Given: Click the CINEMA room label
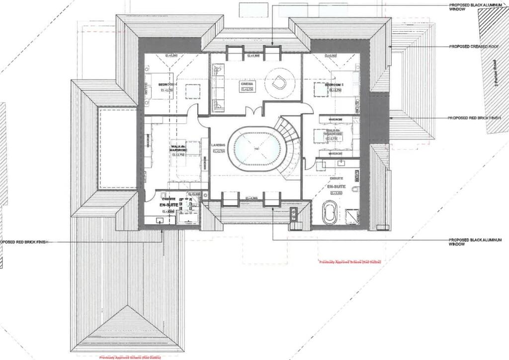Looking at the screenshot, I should pos(247,85).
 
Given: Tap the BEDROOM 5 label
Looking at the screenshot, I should pos(334,85).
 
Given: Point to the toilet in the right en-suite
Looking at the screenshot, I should pos(355,189).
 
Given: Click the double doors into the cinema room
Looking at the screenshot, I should pos(254,112).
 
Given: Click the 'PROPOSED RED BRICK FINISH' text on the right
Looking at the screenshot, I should pos(474,118).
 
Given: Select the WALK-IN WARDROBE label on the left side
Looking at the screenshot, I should pos(177,148).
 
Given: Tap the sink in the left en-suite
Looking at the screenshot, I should pos(161,220).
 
